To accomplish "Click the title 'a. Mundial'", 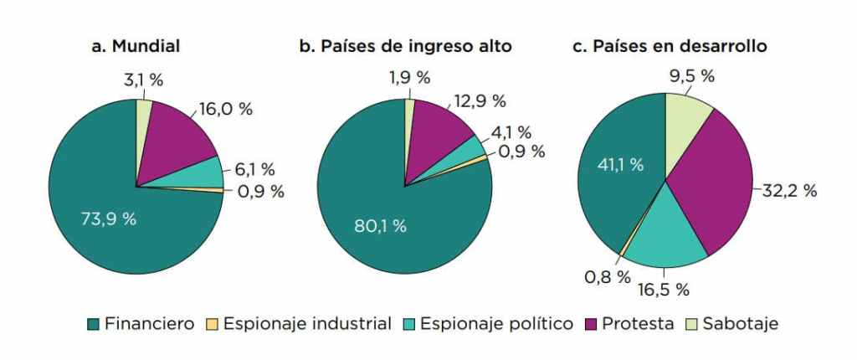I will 136,46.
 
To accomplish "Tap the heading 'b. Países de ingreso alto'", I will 405,46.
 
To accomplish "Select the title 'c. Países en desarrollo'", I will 670,46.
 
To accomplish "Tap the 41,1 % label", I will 620,165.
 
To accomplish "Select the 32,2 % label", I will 789,191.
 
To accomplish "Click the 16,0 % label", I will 224,110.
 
